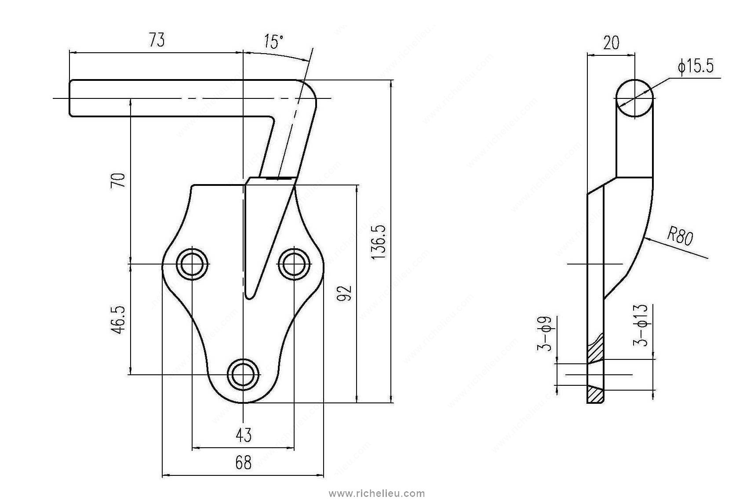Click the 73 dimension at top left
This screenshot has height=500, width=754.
point(157,40)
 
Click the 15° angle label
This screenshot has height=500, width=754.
point(273,42)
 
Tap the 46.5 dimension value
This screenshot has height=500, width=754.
point(119,319)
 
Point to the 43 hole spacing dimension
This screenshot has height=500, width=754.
point(243,435)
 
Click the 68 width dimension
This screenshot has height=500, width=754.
point(243,462)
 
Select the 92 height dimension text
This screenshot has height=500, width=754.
point(345,293)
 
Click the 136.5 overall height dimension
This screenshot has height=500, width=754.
point(379,242)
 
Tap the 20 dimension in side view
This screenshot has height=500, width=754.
point(611,43)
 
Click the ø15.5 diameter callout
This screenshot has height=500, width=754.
point(696,67)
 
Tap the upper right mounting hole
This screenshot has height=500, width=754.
point(294,264)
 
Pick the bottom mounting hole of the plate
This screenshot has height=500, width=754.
point(243,374)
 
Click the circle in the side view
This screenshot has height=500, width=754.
point(634,98)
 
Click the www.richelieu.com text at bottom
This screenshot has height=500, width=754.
point(377,493)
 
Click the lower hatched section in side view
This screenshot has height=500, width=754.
point(596,395)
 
